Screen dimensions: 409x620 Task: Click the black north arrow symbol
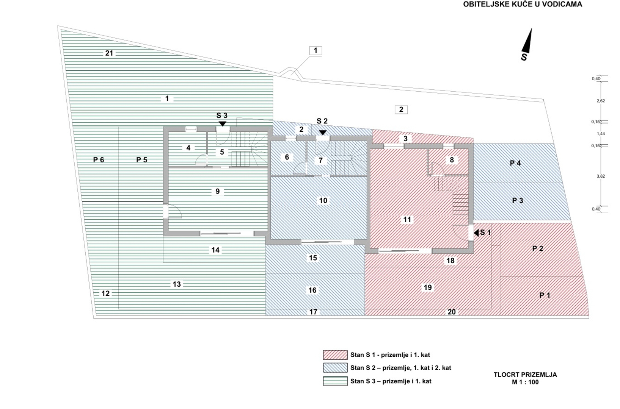(x=527, y=42)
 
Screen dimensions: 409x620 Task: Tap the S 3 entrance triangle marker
(x=223, y=124)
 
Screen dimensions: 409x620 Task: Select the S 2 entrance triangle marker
(x=322, y=133)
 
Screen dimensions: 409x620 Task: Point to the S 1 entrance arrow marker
(x=476, y=233)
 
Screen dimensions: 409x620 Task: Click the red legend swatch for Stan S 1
(x=335, y=355)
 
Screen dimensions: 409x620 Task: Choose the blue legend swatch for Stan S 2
(x=335, y=368)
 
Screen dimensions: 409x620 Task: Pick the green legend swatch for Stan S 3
(x=335, y=381)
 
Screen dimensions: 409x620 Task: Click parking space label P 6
(x=99, y=160)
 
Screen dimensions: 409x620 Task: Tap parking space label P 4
(x=515, y=163)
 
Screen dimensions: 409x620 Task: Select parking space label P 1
(x=545, y=295)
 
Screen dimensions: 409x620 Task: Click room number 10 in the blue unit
(x=323, y=201)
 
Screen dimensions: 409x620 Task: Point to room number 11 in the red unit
(x=407, y=220)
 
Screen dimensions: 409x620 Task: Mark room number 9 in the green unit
(x=217, y=192)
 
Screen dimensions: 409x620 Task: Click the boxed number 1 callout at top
(x=315, y=51)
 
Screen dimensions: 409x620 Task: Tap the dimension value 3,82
(x=601, y=176)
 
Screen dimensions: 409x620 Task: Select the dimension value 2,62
(x=601, y=101)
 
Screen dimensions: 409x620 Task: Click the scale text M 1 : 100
(x=525, y=382)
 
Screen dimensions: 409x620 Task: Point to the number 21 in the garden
(x=109, y=53)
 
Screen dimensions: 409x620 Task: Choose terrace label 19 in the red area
(x=428, y=288)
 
